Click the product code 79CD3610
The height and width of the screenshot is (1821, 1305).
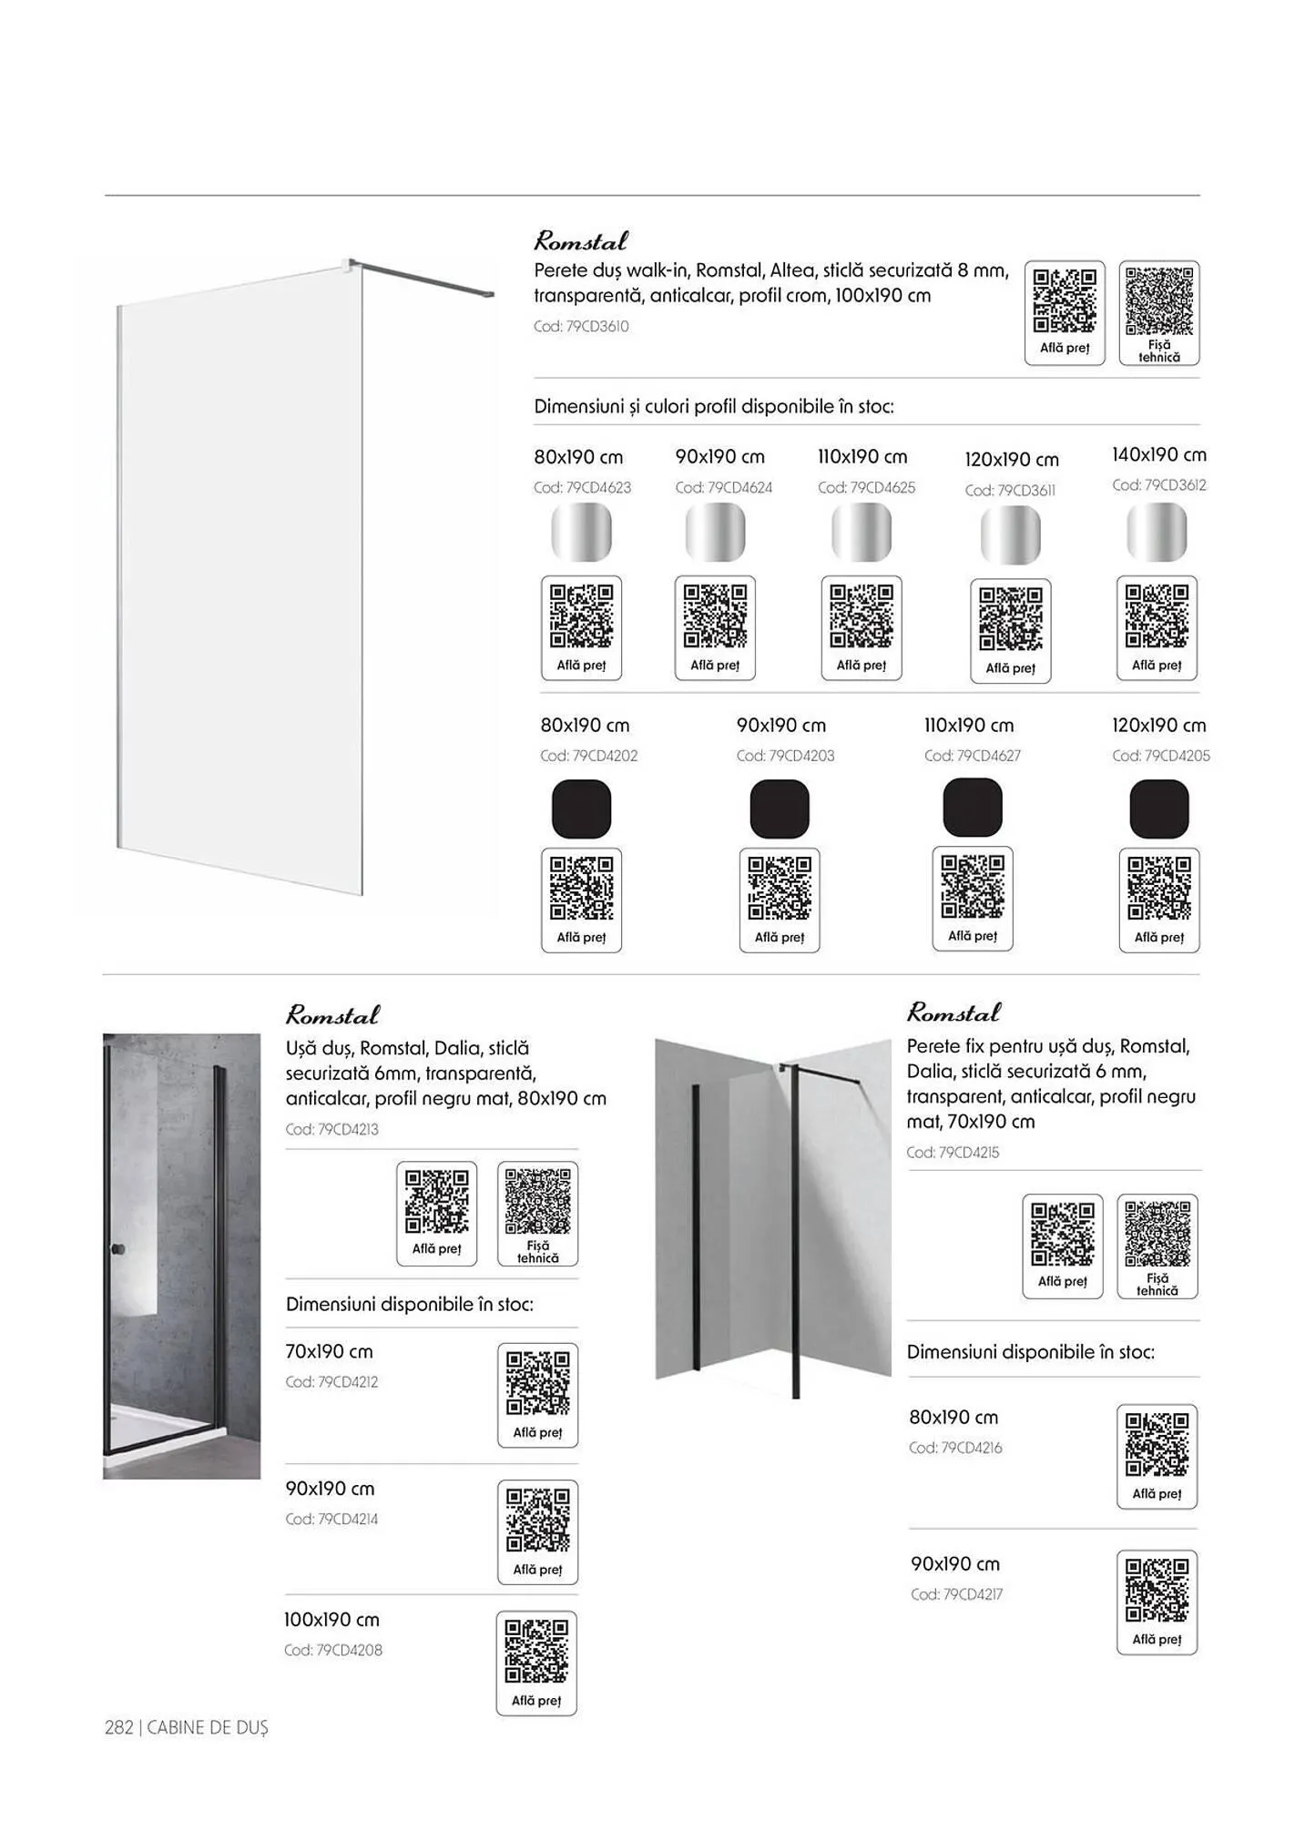pos(581,326)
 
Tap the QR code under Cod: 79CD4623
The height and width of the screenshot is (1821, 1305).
pos(581,616)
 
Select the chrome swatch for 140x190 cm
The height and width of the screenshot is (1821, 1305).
pos(1157,532)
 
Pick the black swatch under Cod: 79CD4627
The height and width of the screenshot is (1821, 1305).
pos(972,808)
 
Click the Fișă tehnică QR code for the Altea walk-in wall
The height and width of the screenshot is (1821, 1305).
pos(1158,302)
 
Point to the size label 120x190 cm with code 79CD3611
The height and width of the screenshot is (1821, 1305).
pos(1011,460)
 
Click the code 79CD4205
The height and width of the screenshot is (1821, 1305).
pos(1160,756)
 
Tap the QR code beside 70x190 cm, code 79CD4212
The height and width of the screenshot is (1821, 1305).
pos(537,1383)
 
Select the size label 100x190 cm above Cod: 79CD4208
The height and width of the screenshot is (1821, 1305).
pos(331,1620)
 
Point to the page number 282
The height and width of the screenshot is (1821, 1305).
pos(118,1727)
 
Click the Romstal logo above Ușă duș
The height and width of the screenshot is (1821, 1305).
pos(332,1014)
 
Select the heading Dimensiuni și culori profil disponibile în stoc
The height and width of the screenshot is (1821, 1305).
pos(713,406)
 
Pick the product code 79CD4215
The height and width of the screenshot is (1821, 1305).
pos(953,1152)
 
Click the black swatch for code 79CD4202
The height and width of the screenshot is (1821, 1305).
pos(581,809)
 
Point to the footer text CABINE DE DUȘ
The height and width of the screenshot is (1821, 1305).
pos(208,1727)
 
